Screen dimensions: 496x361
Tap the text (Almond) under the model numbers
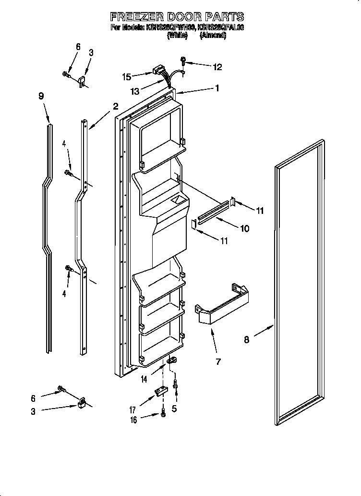(x=213, y=36)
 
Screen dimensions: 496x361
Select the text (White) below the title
(x=177, y=36)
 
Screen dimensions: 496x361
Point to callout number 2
(x=115, y=106)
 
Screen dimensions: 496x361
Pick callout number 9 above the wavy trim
(x=41, y=96)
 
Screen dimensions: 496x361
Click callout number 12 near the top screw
(x=217, y=67)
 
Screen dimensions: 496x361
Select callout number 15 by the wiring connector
(x=126, y=76)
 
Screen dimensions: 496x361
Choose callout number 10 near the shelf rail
(x=244, y=228)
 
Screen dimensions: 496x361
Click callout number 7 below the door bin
(x=218, y=361)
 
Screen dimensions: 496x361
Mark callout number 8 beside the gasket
(x=246, y=340)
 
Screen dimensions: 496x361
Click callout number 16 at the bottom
(x=134, y=420)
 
